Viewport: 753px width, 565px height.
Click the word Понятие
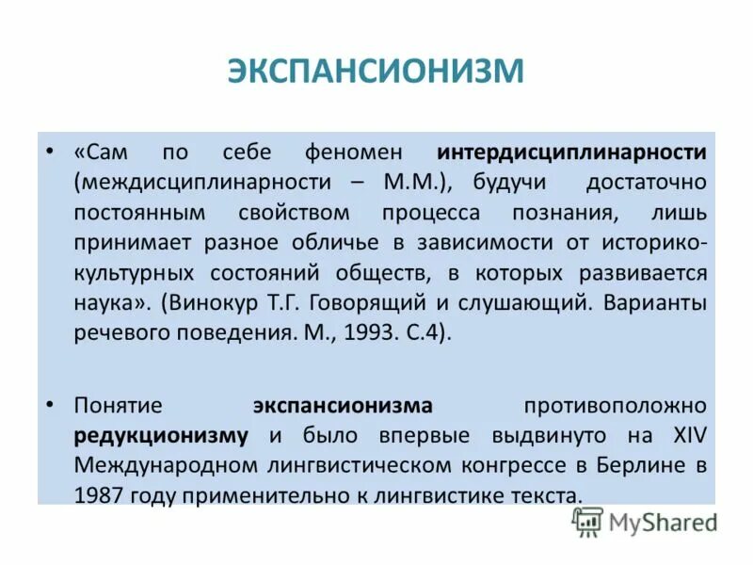point(119,406)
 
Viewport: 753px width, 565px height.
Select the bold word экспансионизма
point(343,406)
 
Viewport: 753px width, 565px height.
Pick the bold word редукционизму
point(162,436)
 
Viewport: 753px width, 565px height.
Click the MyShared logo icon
point(588,523)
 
